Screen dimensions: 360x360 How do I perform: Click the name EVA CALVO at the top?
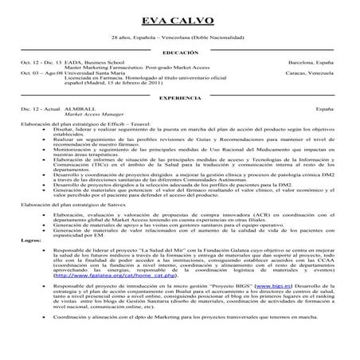[x=179, y=19]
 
